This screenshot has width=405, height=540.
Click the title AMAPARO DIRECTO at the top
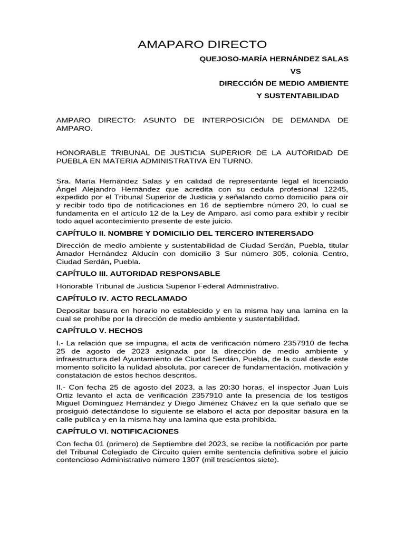click(202, 44)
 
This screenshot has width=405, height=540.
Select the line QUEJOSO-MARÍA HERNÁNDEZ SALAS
click(273, 59)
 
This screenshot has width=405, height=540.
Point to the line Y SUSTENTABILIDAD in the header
click(297, 95)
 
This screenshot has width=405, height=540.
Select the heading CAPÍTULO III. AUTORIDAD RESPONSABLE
click(138, 274)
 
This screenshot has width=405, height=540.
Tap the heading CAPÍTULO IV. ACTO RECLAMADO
click(122, 298)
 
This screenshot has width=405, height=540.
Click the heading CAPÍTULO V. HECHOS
click(100, 331)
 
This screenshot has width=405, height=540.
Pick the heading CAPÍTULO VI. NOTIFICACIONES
click(118, 431)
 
